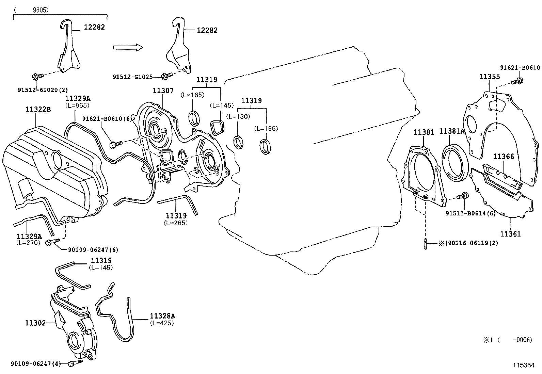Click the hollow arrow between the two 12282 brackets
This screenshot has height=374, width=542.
(x=127, y=47)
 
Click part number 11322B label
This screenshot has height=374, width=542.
(x=38, y=109)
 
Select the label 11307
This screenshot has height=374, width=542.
(x=163, y=91)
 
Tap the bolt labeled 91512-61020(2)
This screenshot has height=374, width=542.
(x=37, y=77)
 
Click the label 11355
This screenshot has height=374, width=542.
(x=489, y=77)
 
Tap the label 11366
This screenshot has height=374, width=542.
(x=503, y=157)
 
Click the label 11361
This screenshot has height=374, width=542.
(x=510, y=234)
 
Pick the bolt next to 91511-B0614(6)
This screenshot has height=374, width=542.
(x=463, y=196)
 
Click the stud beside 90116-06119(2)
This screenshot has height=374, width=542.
(x=426, y=243)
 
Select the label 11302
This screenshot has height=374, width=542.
(x=35, y=323)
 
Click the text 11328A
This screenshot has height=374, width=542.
(x=162, y=316)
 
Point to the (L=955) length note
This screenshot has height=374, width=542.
(x=77, y=105)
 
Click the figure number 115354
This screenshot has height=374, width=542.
(x=524, y=365)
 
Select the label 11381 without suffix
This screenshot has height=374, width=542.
(x=424, y=132)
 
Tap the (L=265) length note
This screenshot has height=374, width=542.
(x=176, y=223)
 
